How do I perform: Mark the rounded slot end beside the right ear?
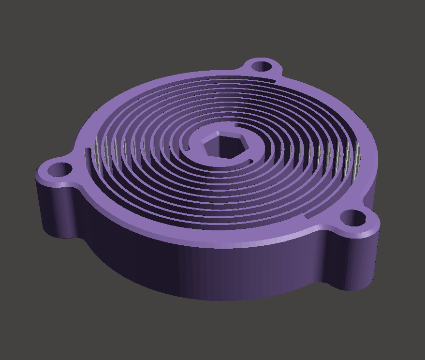(309, 216)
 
